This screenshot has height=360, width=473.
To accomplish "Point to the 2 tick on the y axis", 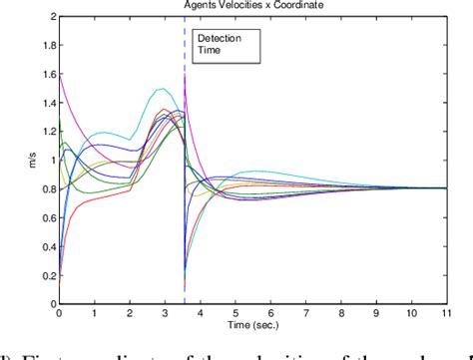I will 49,19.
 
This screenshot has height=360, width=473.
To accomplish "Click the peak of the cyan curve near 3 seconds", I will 160,89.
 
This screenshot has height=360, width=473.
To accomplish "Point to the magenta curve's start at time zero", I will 59,72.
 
